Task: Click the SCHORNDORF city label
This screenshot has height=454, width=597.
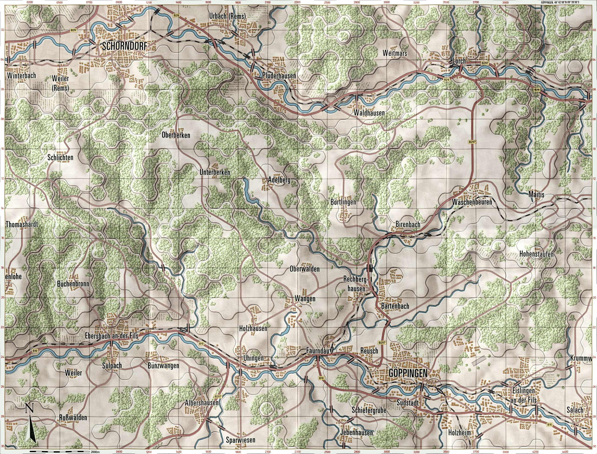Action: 125,47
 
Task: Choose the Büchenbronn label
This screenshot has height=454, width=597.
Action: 73,284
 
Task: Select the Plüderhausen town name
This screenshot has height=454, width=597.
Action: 279,76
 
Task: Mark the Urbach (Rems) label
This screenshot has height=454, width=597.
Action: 227,17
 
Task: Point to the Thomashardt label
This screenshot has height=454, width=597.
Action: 22,224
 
